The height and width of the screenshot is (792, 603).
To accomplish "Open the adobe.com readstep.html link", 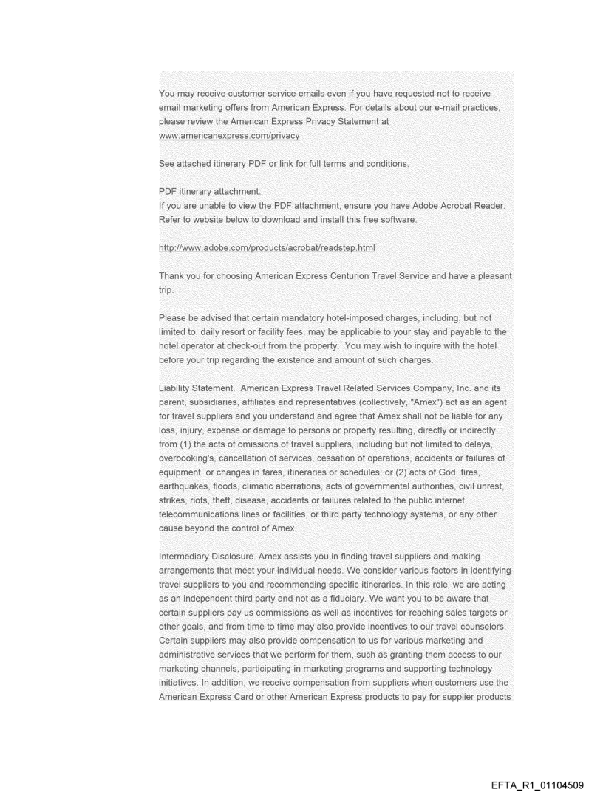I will point(267,248).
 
